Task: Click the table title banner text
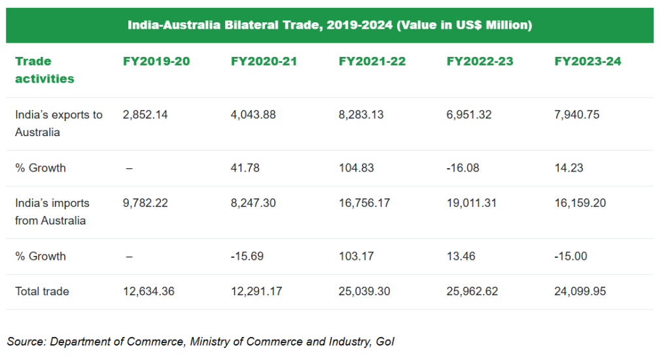330,26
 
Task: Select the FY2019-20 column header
156,62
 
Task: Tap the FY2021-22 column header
372,62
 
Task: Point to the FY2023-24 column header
588,62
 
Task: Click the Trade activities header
44,70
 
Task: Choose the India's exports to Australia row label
59,124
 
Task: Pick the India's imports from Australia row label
52,212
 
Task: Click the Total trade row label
42,291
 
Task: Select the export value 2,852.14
145,115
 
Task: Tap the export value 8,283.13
361,115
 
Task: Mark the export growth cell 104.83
357,168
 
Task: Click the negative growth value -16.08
463,168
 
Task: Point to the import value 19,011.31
471,204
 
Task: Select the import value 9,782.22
145,204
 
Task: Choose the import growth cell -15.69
247,257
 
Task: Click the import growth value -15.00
571,257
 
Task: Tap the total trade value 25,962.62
472,291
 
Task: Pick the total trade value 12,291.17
256,291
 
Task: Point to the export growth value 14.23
569,168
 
